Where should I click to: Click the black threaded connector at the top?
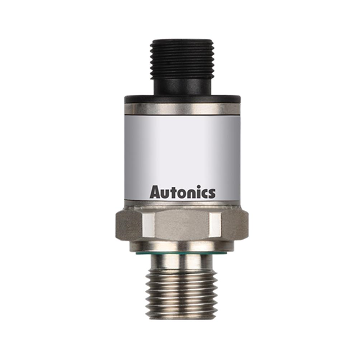tap(180, 58)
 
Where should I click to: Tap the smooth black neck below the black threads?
tap(180, 85)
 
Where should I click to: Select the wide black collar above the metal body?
tap(180, 100)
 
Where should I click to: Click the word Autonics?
tap(182, 192)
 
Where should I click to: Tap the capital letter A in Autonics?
tap(155, 192)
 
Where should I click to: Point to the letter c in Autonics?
tap(203, 194)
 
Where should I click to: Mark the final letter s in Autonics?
tap(211, 194)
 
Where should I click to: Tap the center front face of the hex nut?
tap(180, 225)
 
